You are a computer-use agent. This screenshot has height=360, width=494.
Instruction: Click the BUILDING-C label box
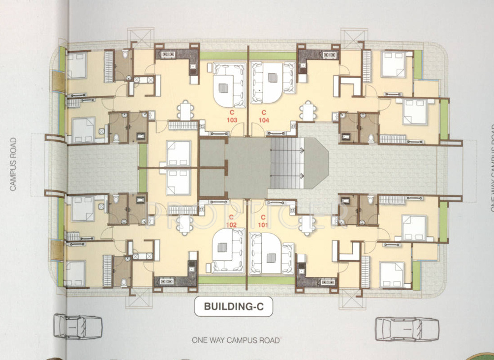click(231, 307)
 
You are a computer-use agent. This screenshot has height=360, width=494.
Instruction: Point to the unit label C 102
click(231, 221)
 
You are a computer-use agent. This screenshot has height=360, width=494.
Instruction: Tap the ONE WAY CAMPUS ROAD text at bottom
click(236, 340)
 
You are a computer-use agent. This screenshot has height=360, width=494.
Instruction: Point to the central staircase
click(286, 162)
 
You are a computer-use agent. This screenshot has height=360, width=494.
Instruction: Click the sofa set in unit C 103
click(229, 85)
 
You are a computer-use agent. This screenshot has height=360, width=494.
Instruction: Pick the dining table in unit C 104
click(308, 111)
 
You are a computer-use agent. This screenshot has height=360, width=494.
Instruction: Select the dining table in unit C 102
click(185, 224)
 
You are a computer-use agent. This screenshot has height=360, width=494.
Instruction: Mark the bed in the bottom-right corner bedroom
click(392, 273)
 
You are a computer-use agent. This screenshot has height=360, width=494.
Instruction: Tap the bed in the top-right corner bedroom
click(393, 64)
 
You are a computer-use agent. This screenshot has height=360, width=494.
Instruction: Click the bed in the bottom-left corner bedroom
click(75, 273)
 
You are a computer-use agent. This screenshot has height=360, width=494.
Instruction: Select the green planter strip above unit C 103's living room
click(222, 56)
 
